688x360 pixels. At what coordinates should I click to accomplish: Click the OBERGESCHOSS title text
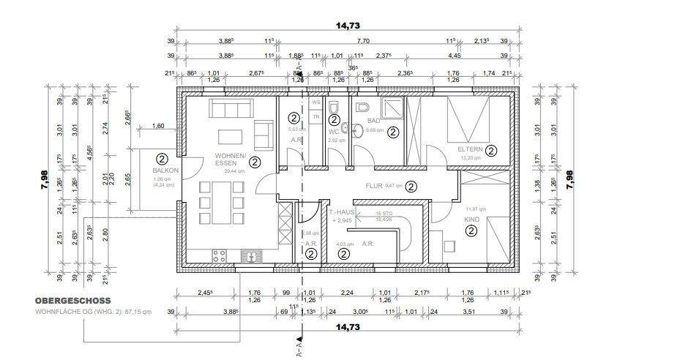click(72, 300)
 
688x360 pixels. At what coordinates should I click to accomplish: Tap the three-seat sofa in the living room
click(232, 108)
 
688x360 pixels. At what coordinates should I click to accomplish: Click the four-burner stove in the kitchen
click(218, 256)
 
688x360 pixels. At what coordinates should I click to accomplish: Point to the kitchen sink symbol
click(251, 256)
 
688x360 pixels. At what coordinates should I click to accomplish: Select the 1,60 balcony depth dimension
click(158, 127)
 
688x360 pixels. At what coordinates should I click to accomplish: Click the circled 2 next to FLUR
click(411, 186)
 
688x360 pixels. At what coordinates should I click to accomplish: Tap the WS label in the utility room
click(316, 103)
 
